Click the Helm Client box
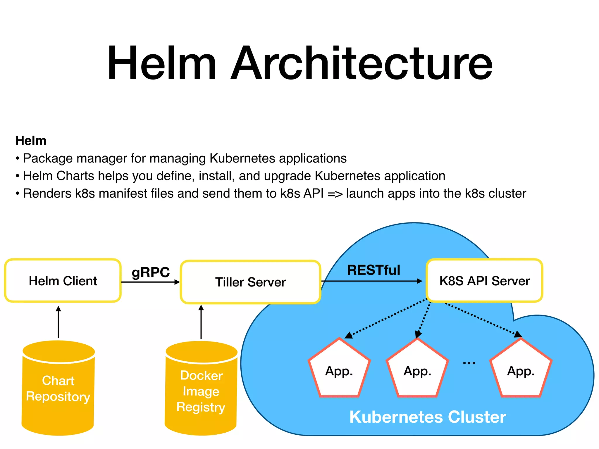coord(63,281)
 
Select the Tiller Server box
coord(250,282)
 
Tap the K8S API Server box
coord(484,281)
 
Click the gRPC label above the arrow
coord(151,272)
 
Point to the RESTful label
coord(373,270)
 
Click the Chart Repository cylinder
coord(58,389)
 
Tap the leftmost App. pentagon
coord(339,371)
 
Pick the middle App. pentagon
coord(417,371)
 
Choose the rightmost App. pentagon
coord(521,371)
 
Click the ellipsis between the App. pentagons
coord(469,363)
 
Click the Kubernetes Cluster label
coord(428,417)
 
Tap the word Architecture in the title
coord(362,63)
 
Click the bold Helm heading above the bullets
coord(31,141)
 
